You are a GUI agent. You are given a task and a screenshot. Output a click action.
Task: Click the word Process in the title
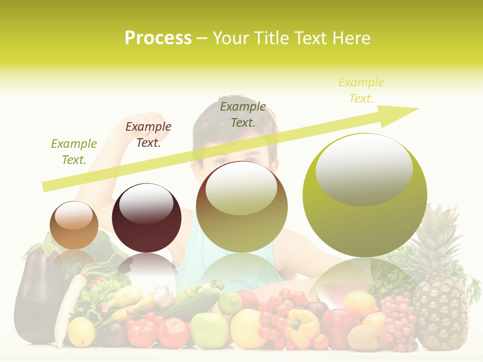[158, 38]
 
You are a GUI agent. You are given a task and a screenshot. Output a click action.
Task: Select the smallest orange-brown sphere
[74, 225]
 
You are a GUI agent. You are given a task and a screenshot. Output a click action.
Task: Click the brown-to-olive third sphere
[242, 207]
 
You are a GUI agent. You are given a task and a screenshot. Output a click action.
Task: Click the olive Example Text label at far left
[74, 152]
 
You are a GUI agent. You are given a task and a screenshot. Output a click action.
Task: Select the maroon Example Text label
[148, 135]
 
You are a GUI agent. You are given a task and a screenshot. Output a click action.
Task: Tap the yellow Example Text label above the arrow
[361, 90]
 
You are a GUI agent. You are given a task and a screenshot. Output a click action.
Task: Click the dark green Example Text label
[243, 114]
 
